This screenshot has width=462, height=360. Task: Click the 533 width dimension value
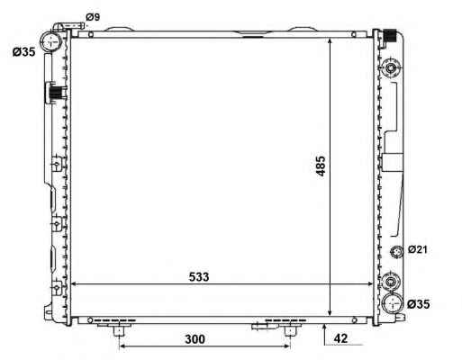(x=199, y=276)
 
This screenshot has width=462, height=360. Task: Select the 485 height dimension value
(x=321, y=166)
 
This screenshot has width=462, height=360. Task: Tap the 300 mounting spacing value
(x=195, y=339)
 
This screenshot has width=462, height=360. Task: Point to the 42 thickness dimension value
(x=340, y=338)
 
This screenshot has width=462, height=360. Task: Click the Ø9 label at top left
(x=93, y=17)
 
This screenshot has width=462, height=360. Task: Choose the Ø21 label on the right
(x=417, y=249)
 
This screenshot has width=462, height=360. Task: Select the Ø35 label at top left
(x=23, y=52)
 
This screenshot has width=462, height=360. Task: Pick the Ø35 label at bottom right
(x=419, y=304)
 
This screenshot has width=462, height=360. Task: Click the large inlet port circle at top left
(x=51, y=41)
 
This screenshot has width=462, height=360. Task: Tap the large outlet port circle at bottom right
(x=393, y=303)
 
